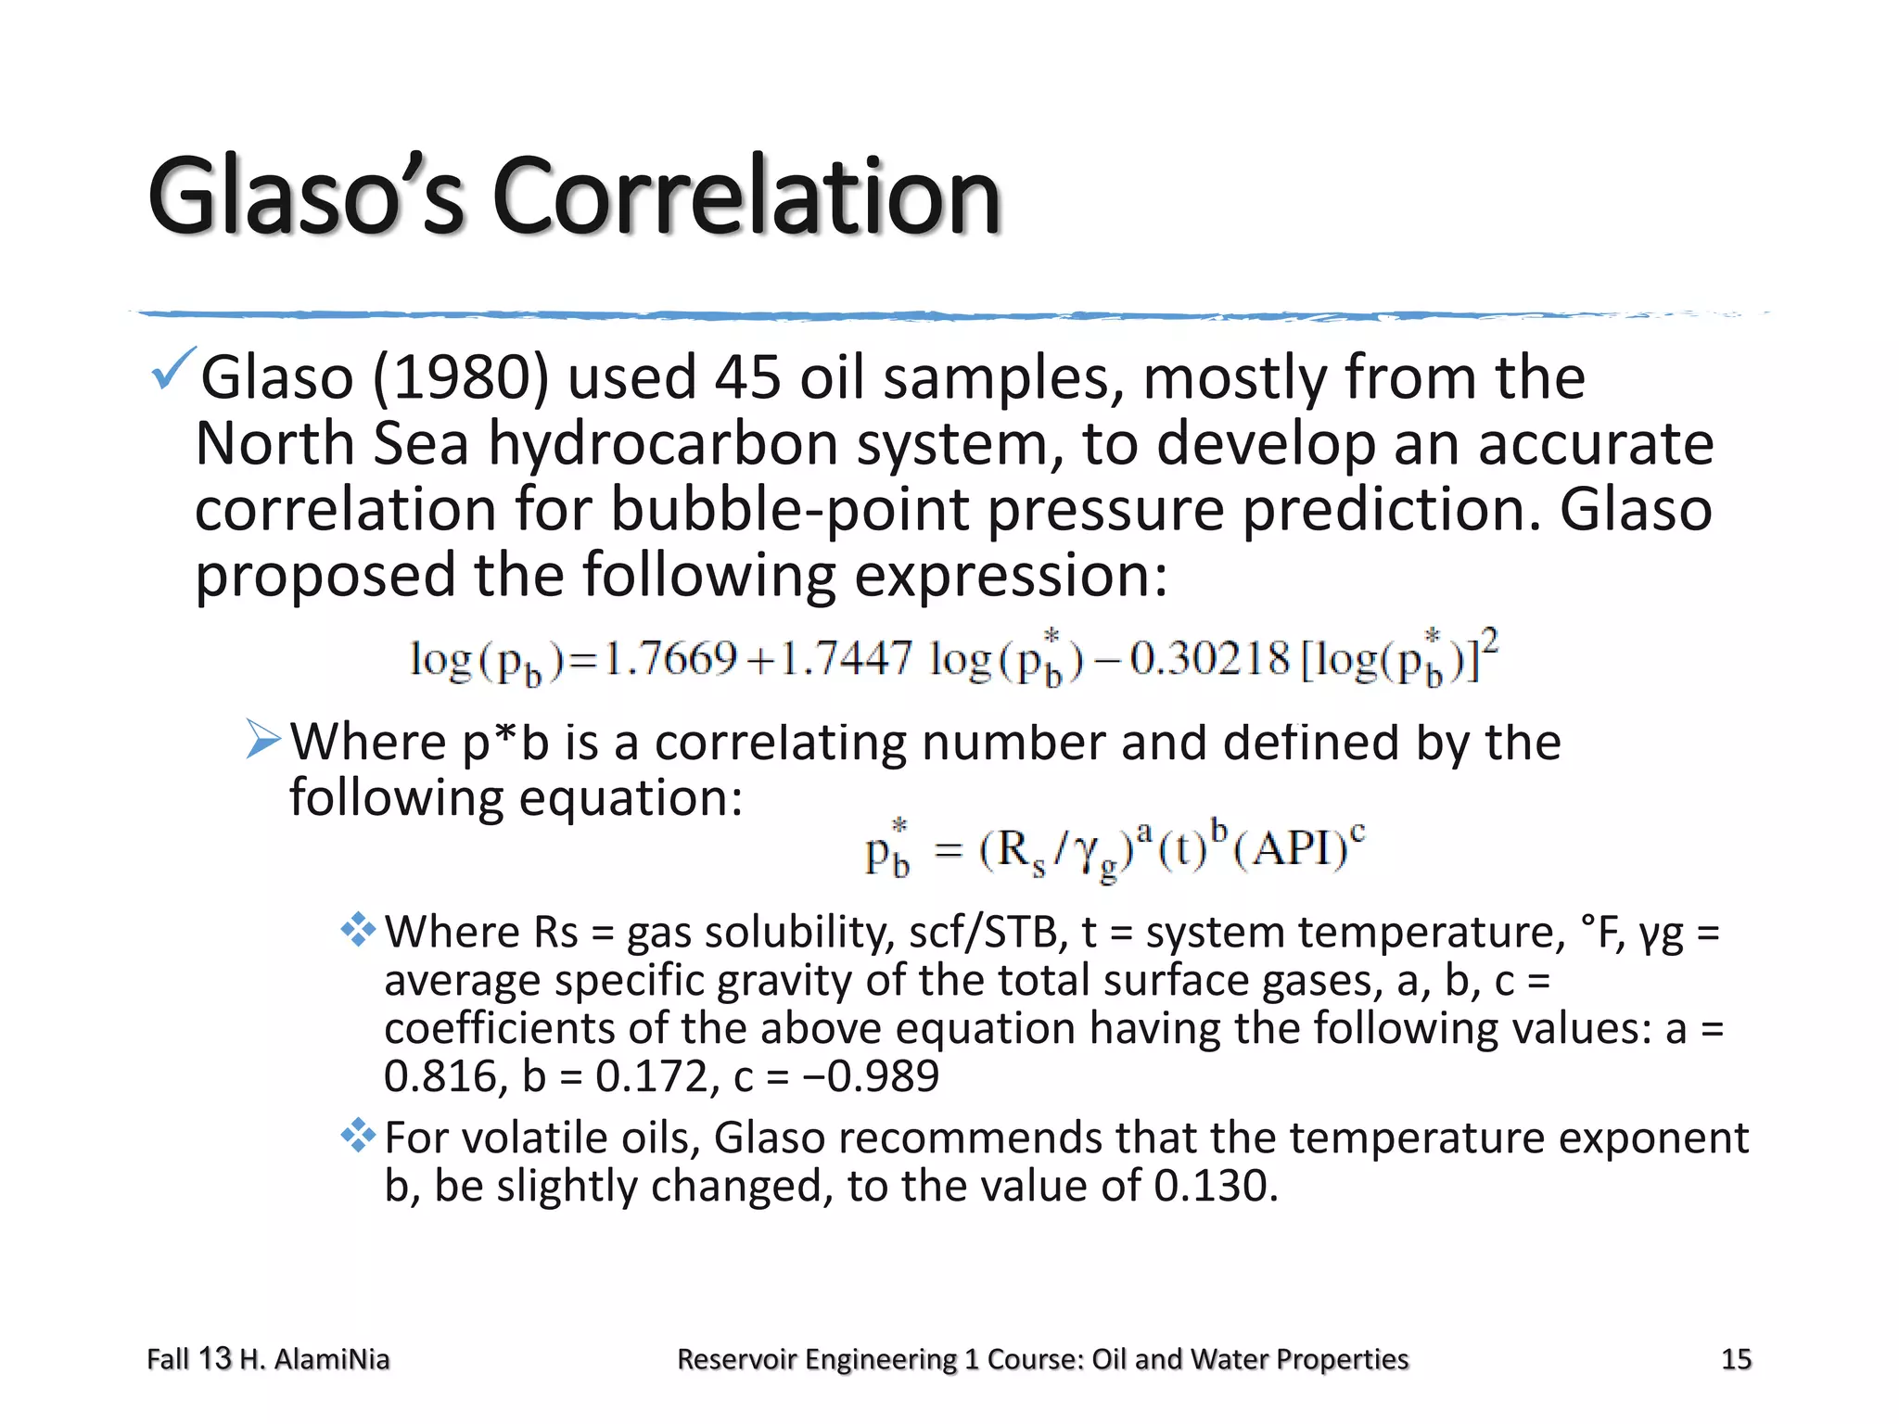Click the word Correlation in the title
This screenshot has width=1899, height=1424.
[746, 197]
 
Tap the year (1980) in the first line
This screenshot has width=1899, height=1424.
[461, 378]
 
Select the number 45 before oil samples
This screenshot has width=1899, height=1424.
[747, 378]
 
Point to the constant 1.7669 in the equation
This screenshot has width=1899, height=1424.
[670, 659]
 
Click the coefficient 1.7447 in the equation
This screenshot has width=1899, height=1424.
[847, 659]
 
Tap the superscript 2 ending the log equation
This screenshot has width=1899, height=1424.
[1489, 640]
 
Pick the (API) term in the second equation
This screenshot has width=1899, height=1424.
[1298, 848]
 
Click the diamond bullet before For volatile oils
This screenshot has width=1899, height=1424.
[358, 1136]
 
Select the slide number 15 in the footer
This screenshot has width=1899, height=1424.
[1736, 1359]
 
